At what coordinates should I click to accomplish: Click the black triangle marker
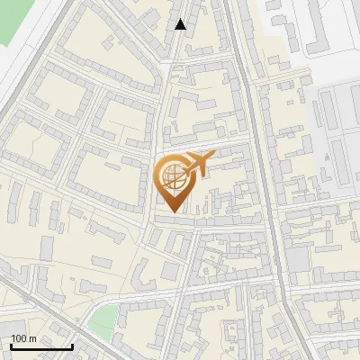pyautogui.click(x=181, y=24)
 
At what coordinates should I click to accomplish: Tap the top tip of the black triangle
pyautogui.click(x=181, y=19)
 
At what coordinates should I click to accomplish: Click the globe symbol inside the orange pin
pyautogui.click(x=171, y=177)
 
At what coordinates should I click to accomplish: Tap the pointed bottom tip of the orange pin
pyautogui.click(x=172, y=211)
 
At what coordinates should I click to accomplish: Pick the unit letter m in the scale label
pyautogui.click(x=32, y=338)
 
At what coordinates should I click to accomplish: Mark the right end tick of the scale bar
pyautogui.click(x=71, y=345)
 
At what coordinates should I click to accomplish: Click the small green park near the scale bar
pyautogui.click(x=105, y=318)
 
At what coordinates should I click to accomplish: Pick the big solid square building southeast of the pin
pyautogui.click(x=297, y=261)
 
